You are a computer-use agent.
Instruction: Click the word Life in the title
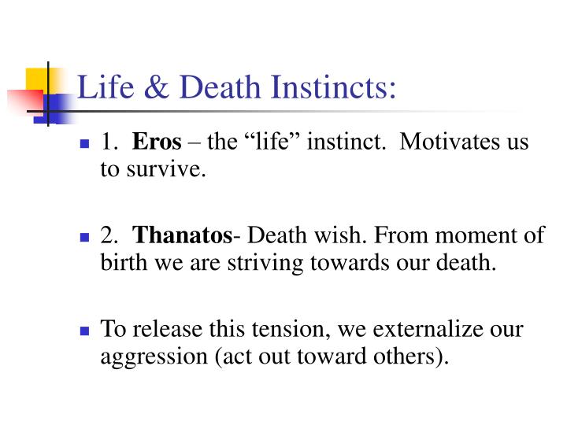106,87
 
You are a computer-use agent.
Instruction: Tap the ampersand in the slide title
157,87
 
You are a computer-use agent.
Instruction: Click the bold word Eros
157,142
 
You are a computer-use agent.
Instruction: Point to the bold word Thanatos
182,235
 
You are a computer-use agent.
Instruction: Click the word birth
124,262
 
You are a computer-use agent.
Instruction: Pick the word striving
265,264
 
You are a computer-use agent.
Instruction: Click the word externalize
428,328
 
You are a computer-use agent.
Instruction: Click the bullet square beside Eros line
84,144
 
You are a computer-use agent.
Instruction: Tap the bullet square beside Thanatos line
84,238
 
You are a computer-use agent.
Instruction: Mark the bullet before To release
84,331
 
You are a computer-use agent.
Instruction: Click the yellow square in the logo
37,79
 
